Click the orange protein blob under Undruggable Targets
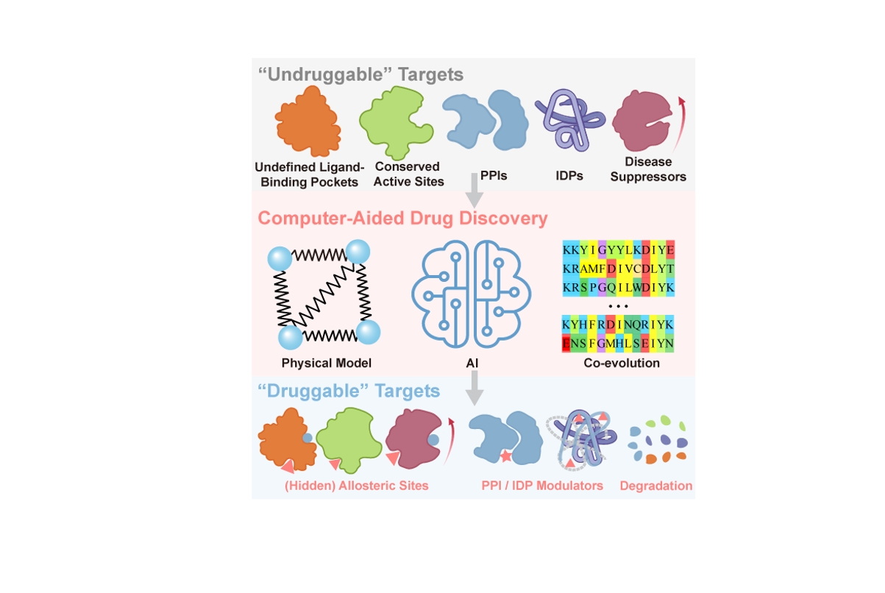coord(308,121)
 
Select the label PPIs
coord(494,175)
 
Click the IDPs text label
coord(569,175)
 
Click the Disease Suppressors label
coord(648,169)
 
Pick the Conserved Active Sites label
coord(408,174)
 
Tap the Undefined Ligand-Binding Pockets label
coord(310,174)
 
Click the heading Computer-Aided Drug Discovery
coord(402,218)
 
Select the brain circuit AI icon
coord(471,294)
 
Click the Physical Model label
coord(327,363)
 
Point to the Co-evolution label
coord(622,363)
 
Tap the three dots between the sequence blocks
coord(618,306)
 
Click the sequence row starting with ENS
coord(618,344)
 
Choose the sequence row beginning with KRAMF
coord(618,269)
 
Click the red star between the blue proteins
coord(505,456)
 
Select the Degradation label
coord(656,486)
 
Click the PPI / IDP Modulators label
coord(542,486)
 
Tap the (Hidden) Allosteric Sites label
coord(356,486)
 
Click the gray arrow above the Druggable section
coord(475,388)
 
